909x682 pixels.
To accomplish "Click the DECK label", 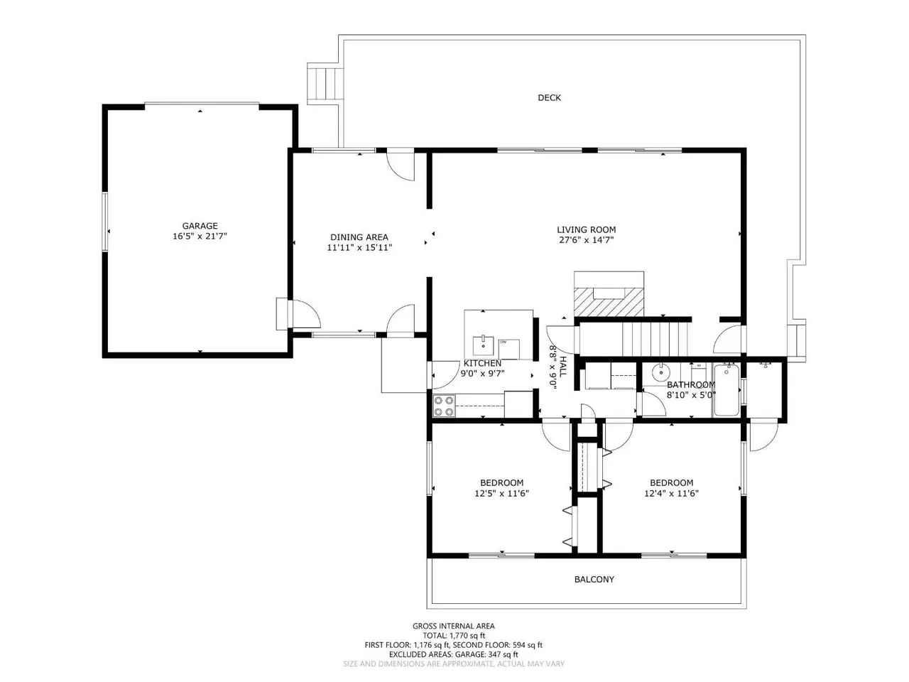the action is pyautogui.click(x=549, y=98).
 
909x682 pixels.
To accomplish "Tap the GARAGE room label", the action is pyautogui.click(x=200, y=226).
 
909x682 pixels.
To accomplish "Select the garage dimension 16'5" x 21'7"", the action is pyautogui.click(x=200, y=237).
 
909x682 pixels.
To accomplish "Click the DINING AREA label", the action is pyautogui.click(x=359, y=237).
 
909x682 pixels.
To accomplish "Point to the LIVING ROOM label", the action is pyautogui.click(x=586, y=229).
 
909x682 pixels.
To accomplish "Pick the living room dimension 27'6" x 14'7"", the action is pyautogui.click(x=586, y=240).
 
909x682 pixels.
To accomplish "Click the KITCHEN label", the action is pyautogui.click(x=482, y=363).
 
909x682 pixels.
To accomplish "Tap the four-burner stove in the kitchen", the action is pyautogui.click(x=444, y=406).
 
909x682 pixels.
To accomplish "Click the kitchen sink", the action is pyautogui.click(x=484, y=346).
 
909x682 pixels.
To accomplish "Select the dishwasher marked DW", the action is pyautogui.click(x=509, y=349).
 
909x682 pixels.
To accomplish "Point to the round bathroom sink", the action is pyautogui.click(x=660, y=372).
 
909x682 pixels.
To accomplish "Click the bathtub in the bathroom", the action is pyautogui.click(x=726, y=389).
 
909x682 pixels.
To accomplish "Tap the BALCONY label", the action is pyautogui.click(x=594, y=579).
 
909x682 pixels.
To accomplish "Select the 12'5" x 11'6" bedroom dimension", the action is pyautogui.click(x=501, y=494).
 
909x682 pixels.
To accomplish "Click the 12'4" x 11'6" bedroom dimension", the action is pyautogui.click(x=671, y=494).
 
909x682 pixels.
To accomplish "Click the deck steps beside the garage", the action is pyautogui.click(x=325, y=84).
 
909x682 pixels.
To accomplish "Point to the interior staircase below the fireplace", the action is pyautogui.click(x=655, y=339).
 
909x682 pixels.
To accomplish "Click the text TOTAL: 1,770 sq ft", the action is pyautogui.click(x=454, y=635).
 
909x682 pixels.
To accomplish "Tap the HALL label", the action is pyautogui.click(x=562, y=367).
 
